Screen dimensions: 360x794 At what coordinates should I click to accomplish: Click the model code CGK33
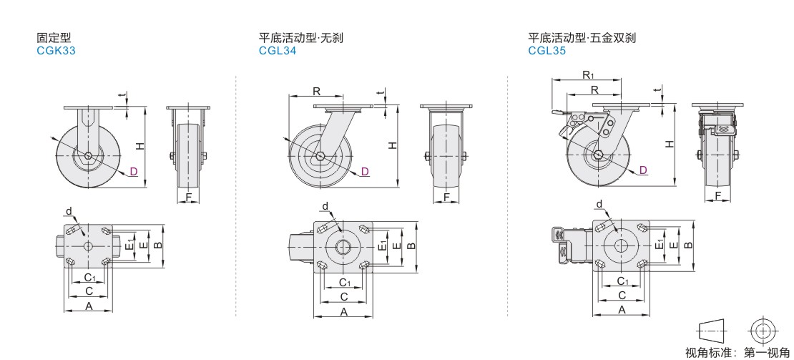point(56,51)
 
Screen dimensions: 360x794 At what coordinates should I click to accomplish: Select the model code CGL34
point(278,51)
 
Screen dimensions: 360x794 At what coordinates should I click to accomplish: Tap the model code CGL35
point(547,51)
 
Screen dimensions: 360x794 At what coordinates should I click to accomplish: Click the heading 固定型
point(54,38)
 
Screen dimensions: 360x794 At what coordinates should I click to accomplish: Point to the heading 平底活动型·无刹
point(301,38)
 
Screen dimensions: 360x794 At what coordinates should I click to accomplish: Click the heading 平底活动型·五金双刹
point(582,38)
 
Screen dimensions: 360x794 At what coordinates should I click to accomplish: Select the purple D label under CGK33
point(133,170)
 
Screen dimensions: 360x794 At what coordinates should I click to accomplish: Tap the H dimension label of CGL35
point(668,144)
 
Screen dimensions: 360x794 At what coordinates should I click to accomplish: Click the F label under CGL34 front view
point(446,197)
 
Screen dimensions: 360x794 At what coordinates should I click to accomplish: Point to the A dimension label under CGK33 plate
point(89,306)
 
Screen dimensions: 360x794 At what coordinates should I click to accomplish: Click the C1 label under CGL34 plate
point(344,282)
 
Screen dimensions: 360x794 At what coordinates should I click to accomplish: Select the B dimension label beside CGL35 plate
point(688,244)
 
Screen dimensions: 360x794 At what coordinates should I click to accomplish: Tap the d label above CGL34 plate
point(325,207)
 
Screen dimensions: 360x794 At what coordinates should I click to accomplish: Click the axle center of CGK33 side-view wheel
point(87,155)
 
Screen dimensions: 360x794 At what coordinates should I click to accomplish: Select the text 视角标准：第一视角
point(737,352)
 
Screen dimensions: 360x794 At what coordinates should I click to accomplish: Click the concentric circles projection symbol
point(763,331)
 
